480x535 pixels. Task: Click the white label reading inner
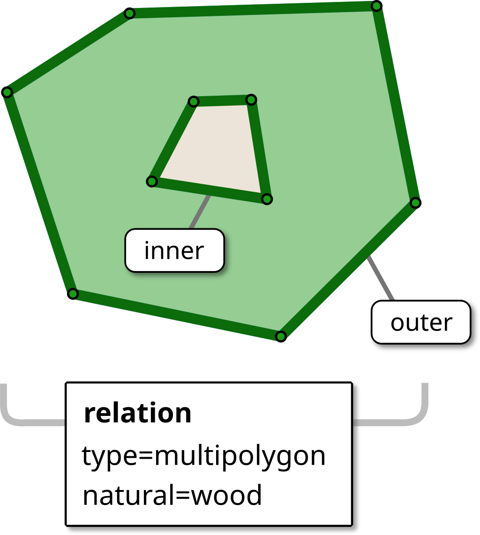[x=174, y=250]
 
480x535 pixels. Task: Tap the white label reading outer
[x=421, y=323]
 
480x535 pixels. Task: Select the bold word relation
[x=137, y=413]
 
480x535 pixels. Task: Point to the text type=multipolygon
[x=203, y=455]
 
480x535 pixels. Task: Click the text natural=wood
[x=172, y=495]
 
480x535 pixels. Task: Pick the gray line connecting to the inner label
[x=200, y=212]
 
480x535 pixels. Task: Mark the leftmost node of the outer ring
[x=7, y=92]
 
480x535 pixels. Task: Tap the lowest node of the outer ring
[x=280, y=336]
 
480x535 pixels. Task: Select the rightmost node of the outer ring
[x=415, y=203]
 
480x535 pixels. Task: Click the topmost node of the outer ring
[x=376, y=6]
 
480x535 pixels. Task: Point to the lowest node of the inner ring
[x=266, y=199]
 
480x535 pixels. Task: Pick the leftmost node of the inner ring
[x=151, y=181]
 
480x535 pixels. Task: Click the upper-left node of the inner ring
[x=193, y=101]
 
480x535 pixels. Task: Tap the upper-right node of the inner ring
[x=251, y=99]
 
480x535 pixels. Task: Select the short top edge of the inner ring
[x=222, y=100]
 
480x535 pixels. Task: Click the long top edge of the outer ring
[x=253, y=10]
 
